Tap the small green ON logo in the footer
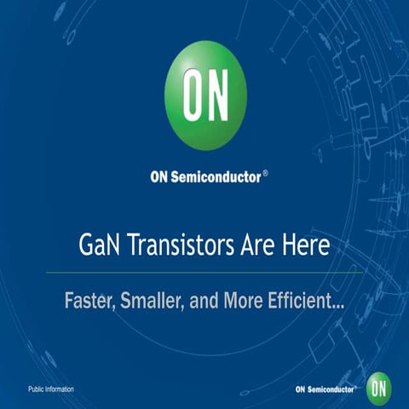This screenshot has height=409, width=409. (x=379, y=388)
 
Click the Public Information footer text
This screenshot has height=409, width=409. (x=51, y=389)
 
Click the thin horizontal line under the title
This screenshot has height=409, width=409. (x=204, y=273)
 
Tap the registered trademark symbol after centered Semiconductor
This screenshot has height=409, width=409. (x=265, y=173)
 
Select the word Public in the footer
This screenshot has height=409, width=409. (x=37, y=389)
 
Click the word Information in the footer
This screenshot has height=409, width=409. (x=60, y=389)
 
